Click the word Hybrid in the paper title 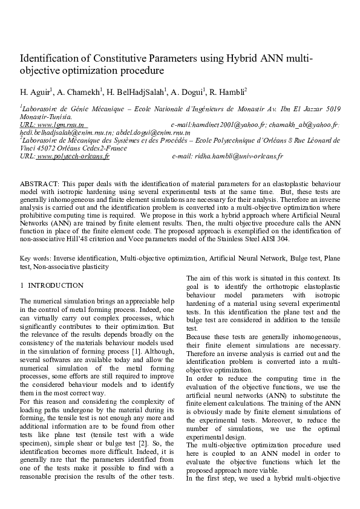click(x=243, y=58)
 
